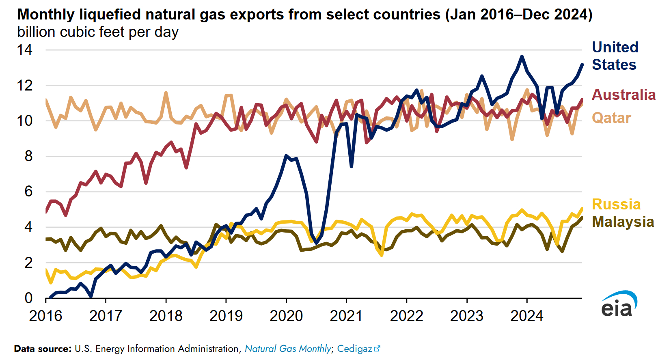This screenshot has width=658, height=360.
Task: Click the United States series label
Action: (615, 56)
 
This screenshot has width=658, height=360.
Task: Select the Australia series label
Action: (623, 95)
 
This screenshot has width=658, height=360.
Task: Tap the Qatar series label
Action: (611, 118)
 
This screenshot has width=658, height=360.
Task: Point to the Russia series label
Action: (616, 204)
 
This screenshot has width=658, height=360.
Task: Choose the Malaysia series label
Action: (623, 222)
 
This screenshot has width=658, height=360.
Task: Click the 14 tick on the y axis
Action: (25, 50)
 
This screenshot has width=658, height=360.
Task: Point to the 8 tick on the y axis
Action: (28, 156)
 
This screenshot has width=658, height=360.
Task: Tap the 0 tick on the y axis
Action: (28, 298)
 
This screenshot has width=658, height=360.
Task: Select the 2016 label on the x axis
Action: (45, 316)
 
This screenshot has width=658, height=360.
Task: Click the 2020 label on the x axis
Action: (286, 316)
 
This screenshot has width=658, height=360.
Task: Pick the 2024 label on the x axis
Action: (526, 316)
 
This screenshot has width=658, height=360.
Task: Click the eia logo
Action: (619, 304)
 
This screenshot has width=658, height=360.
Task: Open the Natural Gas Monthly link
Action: (288, 349)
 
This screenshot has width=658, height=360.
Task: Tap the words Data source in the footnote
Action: (43, 349)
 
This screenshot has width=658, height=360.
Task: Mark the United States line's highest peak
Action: (522, 56)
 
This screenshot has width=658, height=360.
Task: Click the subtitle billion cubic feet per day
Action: (98, 32)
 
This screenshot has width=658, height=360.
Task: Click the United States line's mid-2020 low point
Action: (316, 243)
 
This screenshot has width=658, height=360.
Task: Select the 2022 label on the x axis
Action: (406, 316)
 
